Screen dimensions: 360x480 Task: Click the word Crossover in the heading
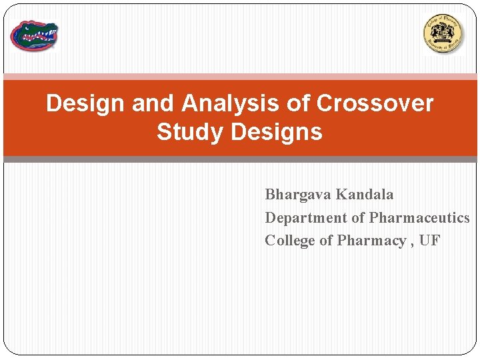(375, 103)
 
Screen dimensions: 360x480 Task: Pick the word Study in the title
(190, 132)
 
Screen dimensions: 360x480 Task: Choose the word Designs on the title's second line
(276, 132)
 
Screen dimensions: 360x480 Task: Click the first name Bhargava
(298, 195)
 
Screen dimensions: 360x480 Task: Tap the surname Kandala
(365, 195)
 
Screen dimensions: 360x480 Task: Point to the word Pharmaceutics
(419, 218)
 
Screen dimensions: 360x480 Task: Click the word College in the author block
(289, 241)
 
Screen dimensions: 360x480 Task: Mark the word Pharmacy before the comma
(371, 241)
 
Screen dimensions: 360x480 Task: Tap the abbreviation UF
(429, 241)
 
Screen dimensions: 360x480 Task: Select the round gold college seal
(443, 33)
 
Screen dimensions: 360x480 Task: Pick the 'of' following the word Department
(353, 218)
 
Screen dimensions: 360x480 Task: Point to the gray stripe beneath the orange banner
(240, 159)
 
